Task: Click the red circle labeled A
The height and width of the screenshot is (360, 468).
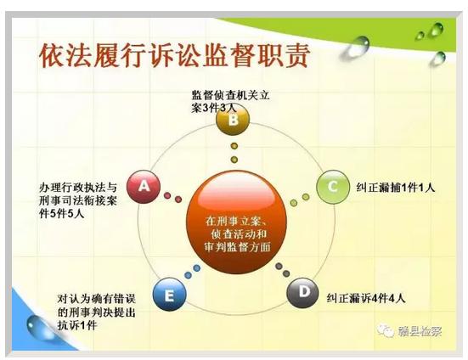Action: (144, 187)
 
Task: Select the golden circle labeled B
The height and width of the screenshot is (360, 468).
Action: (233, 120)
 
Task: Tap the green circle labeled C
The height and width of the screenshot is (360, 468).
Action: (333, 187)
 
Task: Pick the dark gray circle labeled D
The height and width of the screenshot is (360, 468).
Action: (303, 292)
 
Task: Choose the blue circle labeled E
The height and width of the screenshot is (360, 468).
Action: (170, 295)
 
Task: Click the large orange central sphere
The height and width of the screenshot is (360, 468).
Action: (237, 222)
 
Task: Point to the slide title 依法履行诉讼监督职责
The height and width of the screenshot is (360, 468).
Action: (174, 55)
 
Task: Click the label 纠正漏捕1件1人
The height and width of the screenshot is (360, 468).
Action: (396, 188)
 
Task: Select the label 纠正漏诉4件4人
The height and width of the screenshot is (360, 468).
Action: (366, 298)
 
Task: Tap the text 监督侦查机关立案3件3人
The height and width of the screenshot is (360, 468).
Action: (230, 101)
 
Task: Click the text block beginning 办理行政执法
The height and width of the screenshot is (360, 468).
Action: (78, 200)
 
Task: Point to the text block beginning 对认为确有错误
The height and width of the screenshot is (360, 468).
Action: (97, 312)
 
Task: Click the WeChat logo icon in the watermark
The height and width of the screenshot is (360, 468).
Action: (386, 330)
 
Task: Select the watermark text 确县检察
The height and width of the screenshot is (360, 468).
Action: (420, 331)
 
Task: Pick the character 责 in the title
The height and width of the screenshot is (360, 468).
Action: (296, 55)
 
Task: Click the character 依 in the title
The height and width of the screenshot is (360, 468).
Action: (52, 55)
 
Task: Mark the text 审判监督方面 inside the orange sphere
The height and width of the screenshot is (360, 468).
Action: (238, 247)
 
